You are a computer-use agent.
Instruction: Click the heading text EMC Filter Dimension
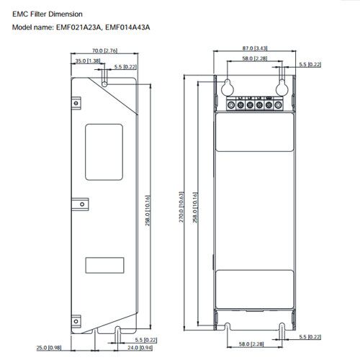(x=52, y=13)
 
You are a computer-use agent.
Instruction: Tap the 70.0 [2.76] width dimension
(x=106, y=51)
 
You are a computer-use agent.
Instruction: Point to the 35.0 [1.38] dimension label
(x=86, y=62)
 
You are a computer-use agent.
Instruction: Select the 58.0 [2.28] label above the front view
(x=250, y=59)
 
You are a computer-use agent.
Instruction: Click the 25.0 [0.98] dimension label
(x=47, y=348)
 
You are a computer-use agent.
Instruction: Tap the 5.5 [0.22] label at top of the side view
(x=127, y=66)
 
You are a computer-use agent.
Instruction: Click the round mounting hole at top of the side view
(x=106, y=84)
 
